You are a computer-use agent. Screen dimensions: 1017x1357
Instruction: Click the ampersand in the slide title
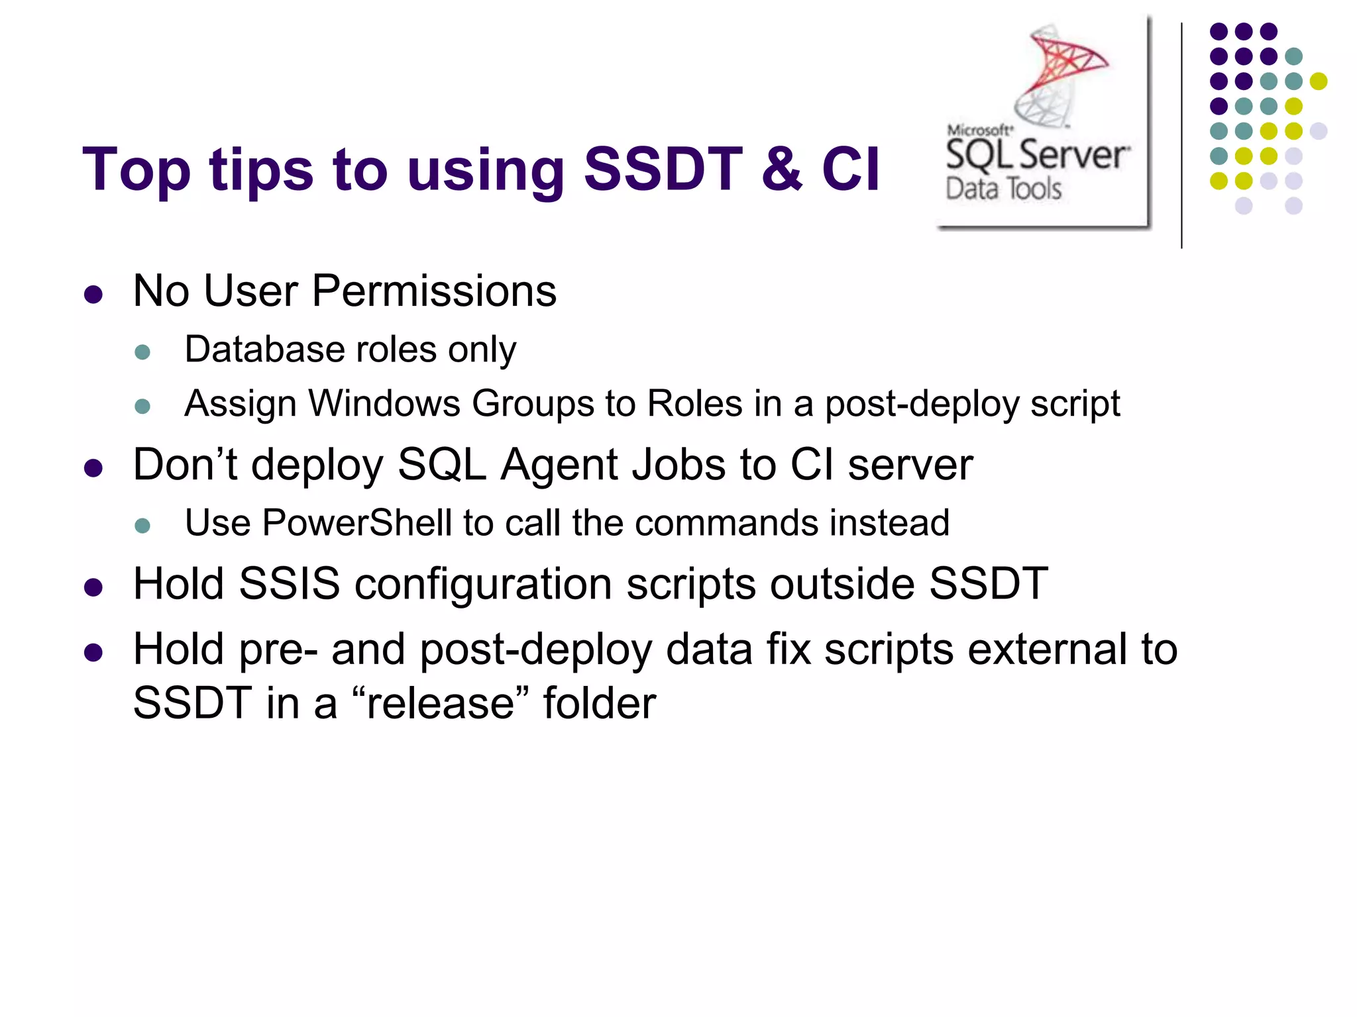pyautogui.click(x=782, y=169)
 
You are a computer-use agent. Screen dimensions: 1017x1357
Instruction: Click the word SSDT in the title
pyautogui.click(x=663, y=169)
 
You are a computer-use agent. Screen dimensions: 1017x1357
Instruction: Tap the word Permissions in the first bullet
pyautogui.click(x=434, y=291)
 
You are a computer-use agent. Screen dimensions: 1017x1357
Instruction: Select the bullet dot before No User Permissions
pyautogui.click(x=93, y=295)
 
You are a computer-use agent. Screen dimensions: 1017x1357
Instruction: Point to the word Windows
pyautogui.click(x=384, y=404)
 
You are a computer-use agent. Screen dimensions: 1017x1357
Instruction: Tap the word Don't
pyautogui.click(x=185, y=464)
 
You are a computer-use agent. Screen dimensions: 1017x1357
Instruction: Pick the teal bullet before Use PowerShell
pyautogui.click(x=142, y=526)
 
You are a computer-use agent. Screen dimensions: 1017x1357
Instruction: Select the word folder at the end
pyautogui.click(x=599, y=703)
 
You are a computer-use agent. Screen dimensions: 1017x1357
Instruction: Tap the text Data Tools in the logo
pyautogui.click(x=1003, y=189)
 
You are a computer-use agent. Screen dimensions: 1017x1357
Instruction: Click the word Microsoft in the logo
pyautogui.click(x=979, y=130)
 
